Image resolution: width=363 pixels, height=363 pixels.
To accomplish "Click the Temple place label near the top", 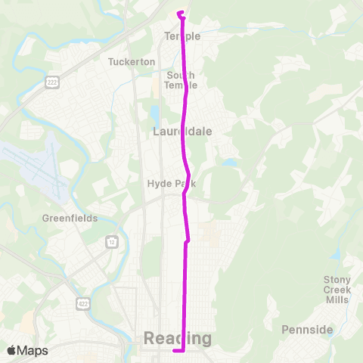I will (182, 36).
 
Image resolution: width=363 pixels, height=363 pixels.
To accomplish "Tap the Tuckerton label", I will (132, 61).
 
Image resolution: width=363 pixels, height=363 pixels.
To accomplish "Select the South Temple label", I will (181, 79).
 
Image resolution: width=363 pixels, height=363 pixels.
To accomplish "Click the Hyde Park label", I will (166, 183).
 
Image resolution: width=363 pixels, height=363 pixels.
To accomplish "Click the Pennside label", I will (307, 330).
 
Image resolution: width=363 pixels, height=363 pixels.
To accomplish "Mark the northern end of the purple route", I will (179, 13).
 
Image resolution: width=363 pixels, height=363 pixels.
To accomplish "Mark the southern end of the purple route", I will (175, 351).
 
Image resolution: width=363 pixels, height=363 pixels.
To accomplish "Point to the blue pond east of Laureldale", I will (228, 162).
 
